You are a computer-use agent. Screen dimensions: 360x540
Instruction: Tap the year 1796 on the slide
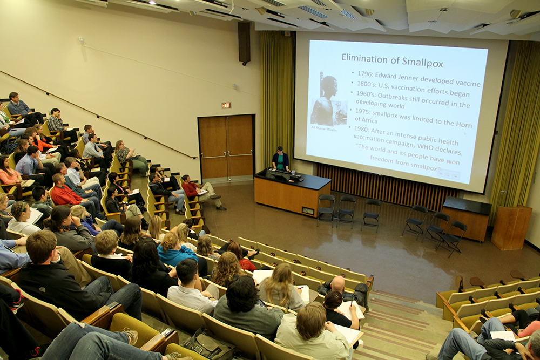pyautogui.click(x=367, y=74)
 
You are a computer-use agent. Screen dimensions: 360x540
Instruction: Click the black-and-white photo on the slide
pyautogui.click(x=329, y=100)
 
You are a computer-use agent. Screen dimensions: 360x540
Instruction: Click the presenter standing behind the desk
pyautogui.click(x=280, y=159)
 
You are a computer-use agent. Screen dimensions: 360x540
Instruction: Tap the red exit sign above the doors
pyautogui.click(x=226, y=105)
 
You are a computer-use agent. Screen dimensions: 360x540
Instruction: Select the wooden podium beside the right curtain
pyautogui.click(x=511, y=227)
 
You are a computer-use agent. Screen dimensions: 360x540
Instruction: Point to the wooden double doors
pyautogui.click(x=226, y=147)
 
